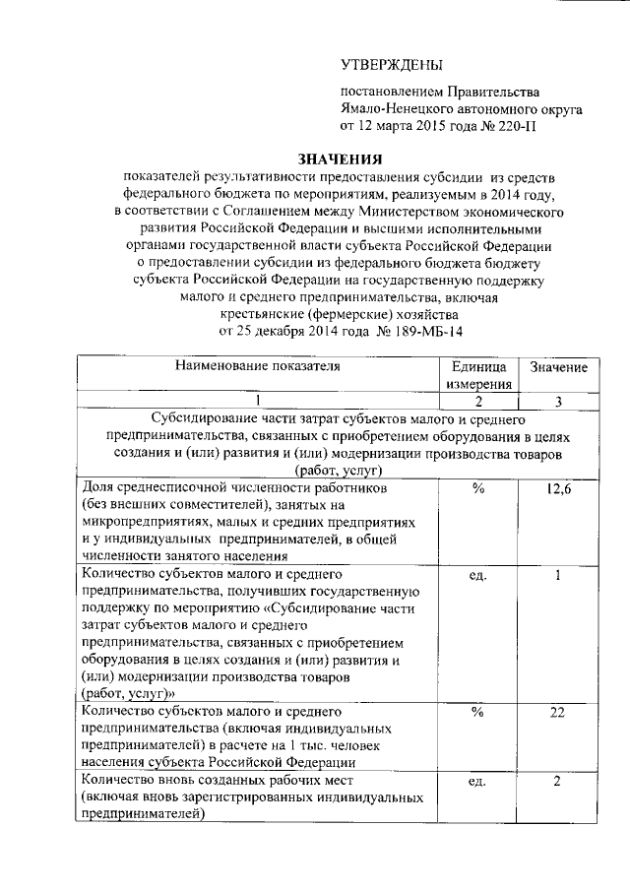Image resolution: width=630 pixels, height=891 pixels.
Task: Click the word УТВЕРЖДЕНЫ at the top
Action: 386,64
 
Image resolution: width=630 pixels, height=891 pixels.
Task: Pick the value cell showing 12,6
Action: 558,489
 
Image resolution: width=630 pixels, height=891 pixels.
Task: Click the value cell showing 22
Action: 558,712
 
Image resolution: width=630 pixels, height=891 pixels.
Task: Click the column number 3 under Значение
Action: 558,401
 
